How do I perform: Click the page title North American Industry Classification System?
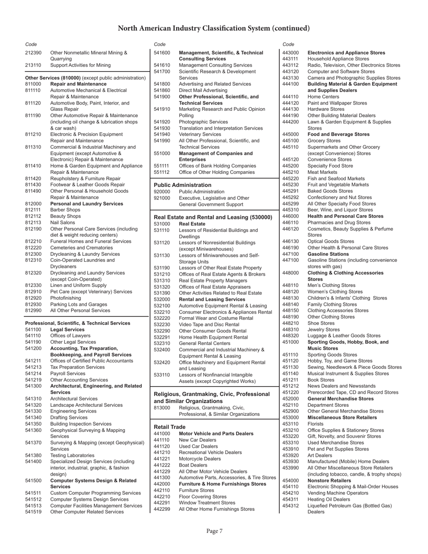[214, 28]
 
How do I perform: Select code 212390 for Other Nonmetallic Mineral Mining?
[33, 53]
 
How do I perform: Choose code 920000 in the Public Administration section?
[162, 191]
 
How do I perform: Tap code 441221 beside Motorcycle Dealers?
[162, 459]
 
